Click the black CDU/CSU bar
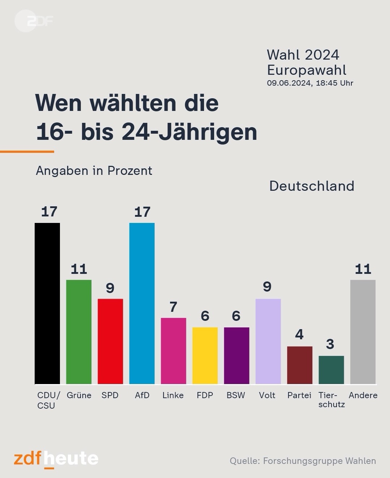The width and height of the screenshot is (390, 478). pyautogui.click(x=47, y=303)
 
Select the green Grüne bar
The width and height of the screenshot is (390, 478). pyautogui.click(x=79, y=332)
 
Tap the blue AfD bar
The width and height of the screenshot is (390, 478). pyautogui.click(x=142, y=303)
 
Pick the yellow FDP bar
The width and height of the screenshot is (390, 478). pyautogui.click(x=205, y=356)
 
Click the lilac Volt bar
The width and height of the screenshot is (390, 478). pyautogui.click(x=268, y=341)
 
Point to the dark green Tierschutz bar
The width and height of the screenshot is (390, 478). pyautogui.click(x=331, y=370)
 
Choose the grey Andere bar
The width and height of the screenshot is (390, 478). pyautogui.click(x=363, y=332)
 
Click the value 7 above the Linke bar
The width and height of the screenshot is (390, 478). pyautogui.click(x=173, y=307)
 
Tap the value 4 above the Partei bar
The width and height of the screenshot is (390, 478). pyautogui.click(x=299, y=335)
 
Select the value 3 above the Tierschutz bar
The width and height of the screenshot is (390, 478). pyautogui.click(x=330, y=344)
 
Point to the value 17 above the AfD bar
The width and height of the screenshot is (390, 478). pyautogui.click(x=142, y=212)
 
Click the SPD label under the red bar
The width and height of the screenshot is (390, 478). pyautogui.click(x=110, y=395)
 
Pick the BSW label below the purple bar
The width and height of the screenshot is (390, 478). pyautogui.click(x=236, y=395)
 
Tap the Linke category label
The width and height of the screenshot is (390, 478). pyautogui.click(x=173, y=395)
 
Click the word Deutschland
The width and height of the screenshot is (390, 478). pyautogui.click(x=312, y=186)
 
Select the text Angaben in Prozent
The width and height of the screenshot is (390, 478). pyautogui.click(x=94, y=171)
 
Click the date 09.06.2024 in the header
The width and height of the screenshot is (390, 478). pyautogui.click(x=289, y=83)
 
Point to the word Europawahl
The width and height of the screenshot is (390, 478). pyautogui.click(x=307, y=70)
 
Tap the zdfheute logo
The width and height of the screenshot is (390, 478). pyautogui.click(x=56, y=459)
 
